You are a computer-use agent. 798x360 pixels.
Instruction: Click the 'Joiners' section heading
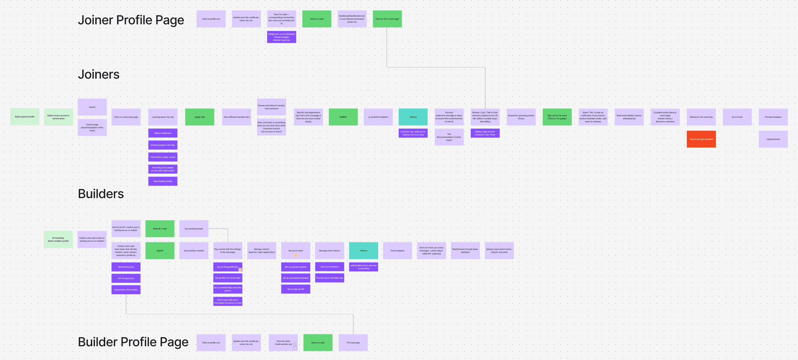98,74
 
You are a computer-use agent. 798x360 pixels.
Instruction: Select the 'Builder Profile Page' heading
133,342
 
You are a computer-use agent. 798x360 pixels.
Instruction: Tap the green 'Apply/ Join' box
200,117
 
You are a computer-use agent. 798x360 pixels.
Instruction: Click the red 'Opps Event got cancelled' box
701,139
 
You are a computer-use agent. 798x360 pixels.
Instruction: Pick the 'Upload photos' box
773,139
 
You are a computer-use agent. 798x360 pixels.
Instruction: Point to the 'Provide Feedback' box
773,117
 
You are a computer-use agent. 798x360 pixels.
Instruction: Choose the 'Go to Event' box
737,117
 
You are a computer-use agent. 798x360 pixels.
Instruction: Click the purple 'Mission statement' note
163,133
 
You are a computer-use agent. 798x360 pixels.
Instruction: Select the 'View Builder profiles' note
163,181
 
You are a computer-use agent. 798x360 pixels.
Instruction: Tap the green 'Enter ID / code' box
160,229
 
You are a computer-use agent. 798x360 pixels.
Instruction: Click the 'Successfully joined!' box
194,229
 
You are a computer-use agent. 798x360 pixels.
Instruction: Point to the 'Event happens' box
397,250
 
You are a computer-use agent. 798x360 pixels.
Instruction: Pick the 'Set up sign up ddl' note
295,289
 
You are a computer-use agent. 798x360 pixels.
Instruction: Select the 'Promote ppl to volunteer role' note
329,278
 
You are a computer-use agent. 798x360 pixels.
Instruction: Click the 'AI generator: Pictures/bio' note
126,290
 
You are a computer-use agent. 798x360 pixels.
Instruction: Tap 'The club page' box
353,342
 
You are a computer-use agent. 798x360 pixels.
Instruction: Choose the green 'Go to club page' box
387,19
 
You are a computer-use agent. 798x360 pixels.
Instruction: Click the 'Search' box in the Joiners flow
92,107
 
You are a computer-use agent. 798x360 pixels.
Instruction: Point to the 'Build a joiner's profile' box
25,117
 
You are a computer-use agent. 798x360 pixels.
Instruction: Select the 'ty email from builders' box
378,117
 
